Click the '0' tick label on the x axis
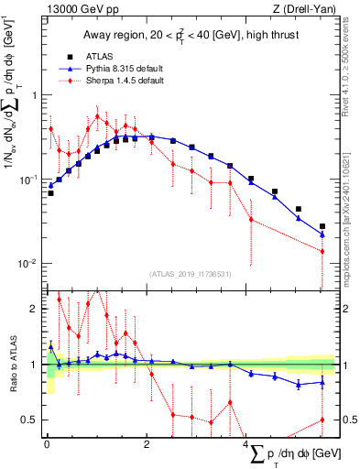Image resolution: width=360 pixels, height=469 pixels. [x=47, y=444]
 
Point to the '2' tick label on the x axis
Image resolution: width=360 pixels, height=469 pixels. [x=147, y=444]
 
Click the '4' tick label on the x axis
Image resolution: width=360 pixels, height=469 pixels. [x=247, y=444]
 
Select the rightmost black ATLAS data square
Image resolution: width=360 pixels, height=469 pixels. [x=322, y=226]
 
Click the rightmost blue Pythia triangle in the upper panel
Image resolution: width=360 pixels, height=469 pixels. [x=322, y=234]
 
